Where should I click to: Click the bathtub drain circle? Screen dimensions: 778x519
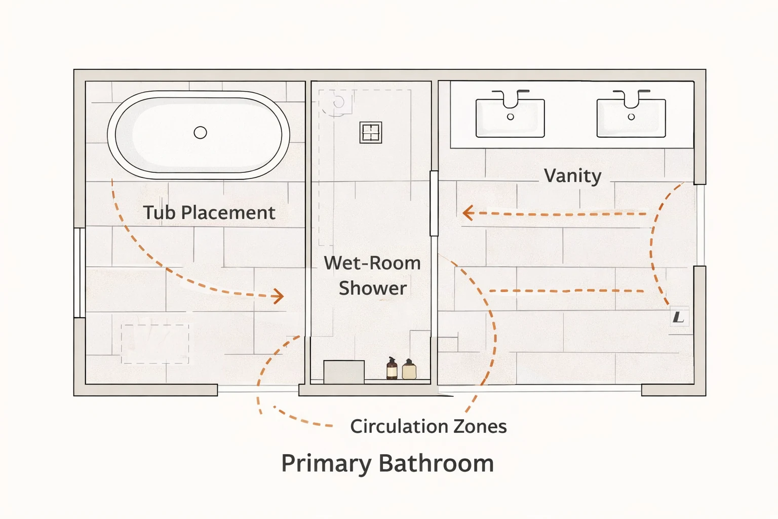click(x=200, y=132)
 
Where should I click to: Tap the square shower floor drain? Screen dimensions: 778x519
click(x=371, y=132)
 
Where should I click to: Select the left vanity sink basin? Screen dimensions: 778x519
click(x=510, y=118)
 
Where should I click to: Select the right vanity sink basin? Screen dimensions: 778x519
click(x=631, y=118)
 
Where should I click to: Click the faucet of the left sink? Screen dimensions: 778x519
click(x=511, y=99)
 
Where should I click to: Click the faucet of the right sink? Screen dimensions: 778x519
click(x=632, y=99)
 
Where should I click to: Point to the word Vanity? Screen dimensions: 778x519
click(x=572, y=176)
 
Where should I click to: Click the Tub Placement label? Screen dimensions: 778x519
click(x=209, y=212)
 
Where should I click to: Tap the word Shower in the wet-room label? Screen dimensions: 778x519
click(x=373, y=288)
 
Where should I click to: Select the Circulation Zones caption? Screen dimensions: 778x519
click(x=428, y=426)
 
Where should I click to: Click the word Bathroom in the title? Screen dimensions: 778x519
click(x=436, y=463)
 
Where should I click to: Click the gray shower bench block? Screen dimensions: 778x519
click(x=344, y=372)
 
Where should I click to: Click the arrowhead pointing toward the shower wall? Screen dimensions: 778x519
click(x=468, y=213)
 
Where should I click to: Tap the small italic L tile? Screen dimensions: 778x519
click(x=679, y=317)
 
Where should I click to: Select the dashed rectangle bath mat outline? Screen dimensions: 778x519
click(x=155, y=344)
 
